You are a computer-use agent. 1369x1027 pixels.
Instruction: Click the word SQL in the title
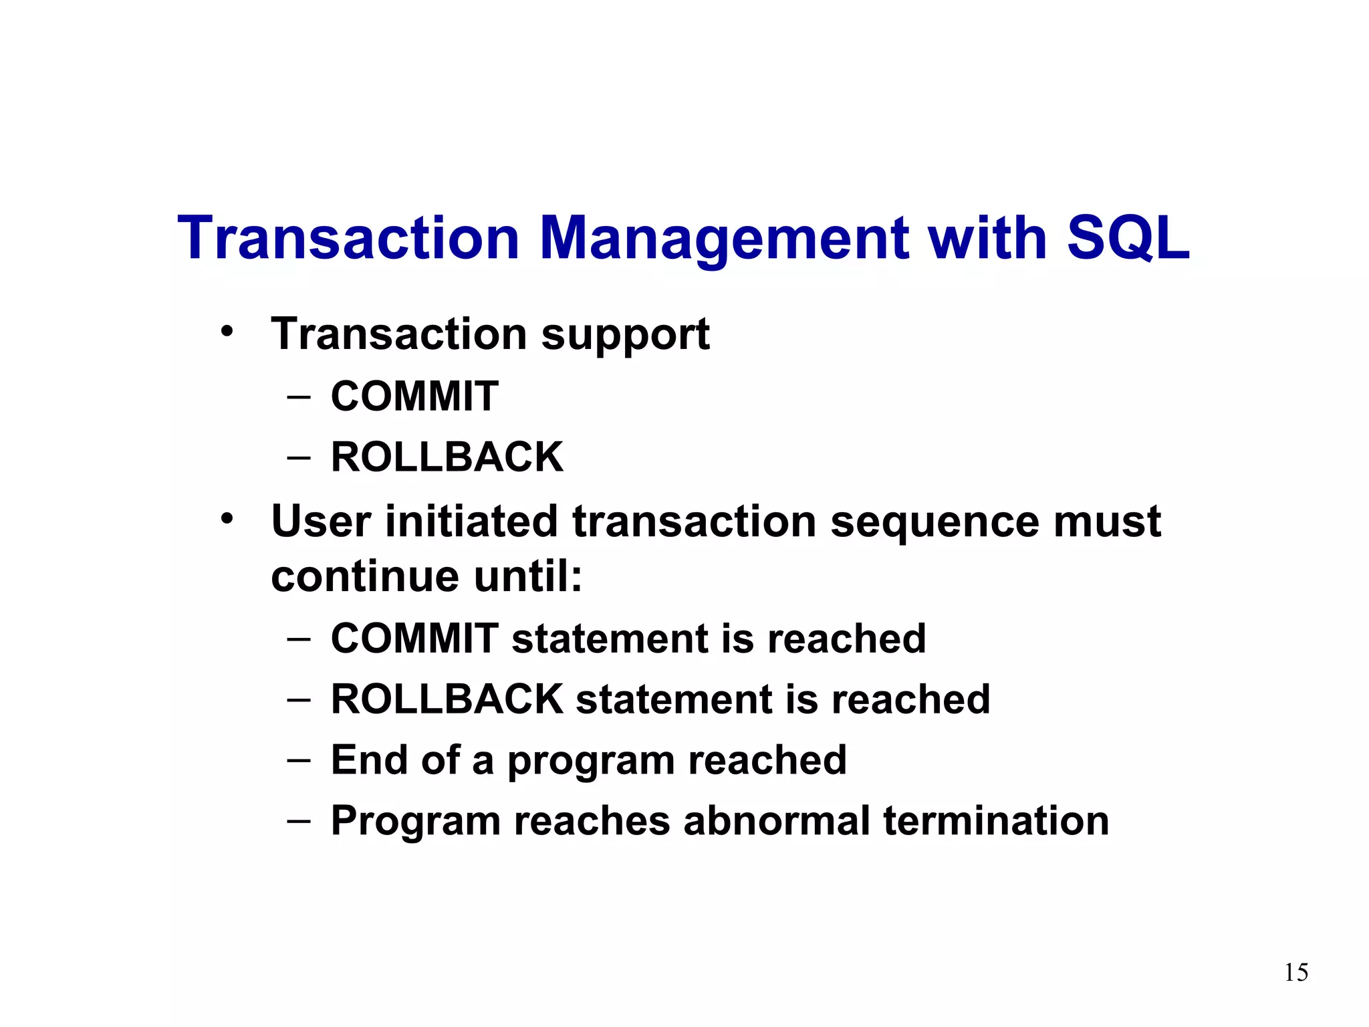1128,238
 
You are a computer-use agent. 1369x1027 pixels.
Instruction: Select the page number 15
1295,972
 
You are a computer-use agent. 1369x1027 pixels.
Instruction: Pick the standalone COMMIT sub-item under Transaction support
414,396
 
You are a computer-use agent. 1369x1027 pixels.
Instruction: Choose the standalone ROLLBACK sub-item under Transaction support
447,457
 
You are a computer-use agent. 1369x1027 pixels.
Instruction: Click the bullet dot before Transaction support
227,331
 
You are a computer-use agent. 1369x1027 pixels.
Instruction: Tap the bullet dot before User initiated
227,518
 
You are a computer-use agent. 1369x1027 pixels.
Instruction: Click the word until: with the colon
528,576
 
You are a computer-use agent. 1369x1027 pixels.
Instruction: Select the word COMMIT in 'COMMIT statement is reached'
414,639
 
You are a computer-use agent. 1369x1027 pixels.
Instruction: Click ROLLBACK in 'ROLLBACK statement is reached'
447,699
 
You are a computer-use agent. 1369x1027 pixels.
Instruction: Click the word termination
996,821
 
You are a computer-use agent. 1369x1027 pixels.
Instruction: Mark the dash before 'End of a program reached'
299,761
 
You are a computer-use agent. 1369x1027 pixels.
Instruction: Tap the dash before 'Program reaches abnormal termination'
299,822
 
